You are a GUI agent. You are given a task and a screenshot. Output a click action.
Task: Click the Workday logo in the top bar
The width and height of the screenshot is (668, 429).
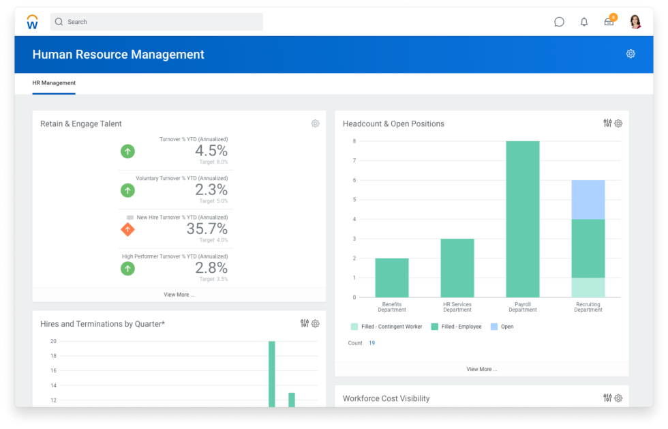point(32,22)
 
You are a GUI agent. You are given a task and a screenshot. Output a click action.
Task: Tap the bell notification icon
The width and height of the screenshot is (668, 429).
point(584,22)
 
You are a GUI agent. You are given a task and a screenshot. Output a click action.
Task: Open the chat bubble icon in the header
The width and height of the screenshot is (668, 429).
point(559,22)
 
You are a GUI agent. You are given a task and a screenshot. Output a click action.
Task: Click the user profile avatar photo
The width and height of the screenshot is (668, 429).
point(635,22)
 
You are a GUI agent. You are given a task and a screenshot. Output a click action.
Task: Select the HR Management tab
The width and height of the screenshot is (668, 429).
point(54,83)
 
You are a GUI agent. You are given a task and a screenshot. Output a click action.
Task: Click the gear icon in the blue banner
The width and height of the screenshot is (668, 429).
point(631,54)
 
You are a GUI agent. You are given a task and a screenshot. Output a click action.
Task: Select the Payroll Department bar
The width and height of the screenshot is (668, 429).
point(523,219)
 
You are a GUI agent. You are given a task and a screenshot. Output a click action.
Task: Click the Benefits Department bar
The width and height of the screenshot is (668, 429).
point(392,278)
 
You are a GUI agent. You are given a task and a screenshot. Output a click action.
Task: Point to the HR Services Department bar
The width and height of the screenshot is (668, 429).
point(457,268)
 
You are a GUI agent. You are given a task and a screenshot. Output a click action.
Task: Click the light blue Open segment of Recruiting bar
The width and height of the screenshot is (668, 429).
point(588,199)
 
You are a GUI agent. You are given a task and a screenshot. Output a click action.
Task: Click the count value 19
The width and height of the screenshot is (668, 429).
point(372,343)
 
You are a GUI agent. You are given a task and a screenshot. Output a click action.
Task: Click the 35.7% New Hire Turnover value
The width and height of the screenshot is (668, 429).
point(207,228)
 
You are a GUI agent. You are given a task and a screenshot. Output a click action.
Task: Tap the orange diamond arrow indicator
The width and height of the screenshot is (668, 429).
point(127,229)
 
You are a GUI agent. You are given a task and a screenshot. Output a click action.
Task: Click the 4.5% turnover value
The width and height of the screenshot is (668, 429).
point(211,150)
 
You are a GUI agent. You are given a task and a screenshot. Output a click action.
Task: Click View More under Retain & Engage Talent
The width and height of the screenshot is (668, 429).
point(179,295)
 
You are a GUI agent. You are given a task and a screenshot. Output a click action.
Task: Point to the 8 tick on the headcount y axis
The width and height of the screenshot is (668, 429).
point(354,141)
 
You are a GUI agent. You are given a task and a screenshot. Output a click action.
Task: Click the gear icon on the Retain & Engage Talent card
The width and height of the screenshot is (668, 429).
point(315,123)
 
